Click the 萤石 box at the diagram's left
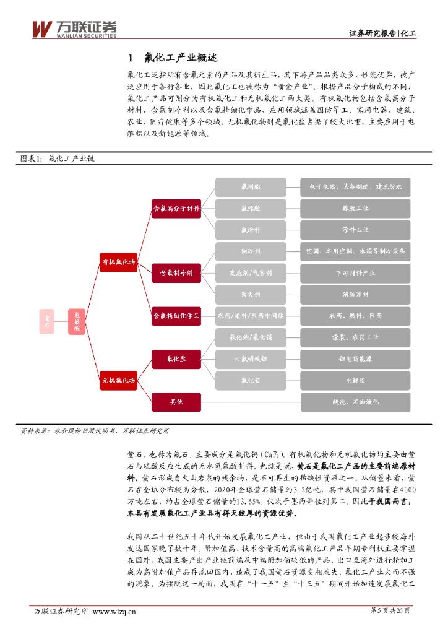pyautogui.click(x=46, y=320)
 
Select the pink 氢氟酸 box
pyautogui.click(x=77, y=321)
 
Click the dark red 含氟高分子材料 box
pyautogui.click(x=176, y=208)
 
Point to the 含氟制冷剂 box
pyautogui.click(x=176, y=272)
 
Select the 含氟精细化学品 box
pyautogui.click(x=176, y=316)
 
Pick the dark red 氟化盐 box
pyautogui.click(x=176, y=358)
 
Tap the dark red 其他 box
pyautogui.click(x=176, y=402)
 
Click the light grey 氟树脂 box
pyautogui.click(x=251, y=186)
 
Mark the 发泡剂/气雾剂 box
pyautogui.click(x=251, y=272)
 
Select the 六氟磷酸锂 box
pyautogui.click(x=251, y=358)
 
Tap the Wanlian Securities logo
pyautogui.click(x=74, y=28)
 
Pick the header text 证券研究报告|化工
pyautogui.click(x=382, y=33)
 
